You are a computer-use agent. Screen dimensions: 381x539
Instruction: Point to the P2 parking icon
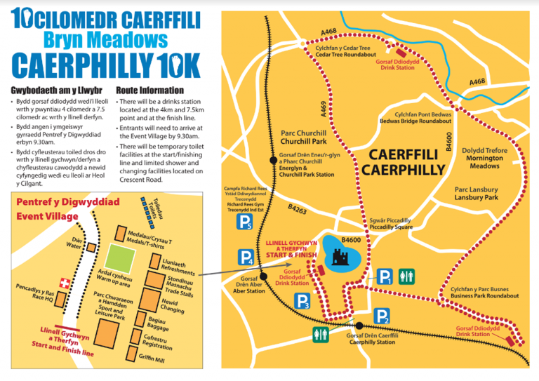pyautogui.click(x=381, y=316)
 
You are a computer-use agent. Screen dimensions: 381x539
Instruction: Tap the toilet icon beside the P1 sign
pyautogui.click(x=407, y=277)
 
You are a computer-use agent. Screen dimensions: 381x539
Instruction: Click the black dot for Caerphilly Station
pyautogui.click(x=359, y=326)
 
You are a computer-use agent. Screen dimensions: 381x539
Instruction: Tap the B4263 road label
pyautogui.click(x=297, y=209)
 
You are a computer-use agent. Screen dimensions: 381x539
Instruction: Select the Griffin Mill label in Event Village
pyautogui.click(x=152, y=359)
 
